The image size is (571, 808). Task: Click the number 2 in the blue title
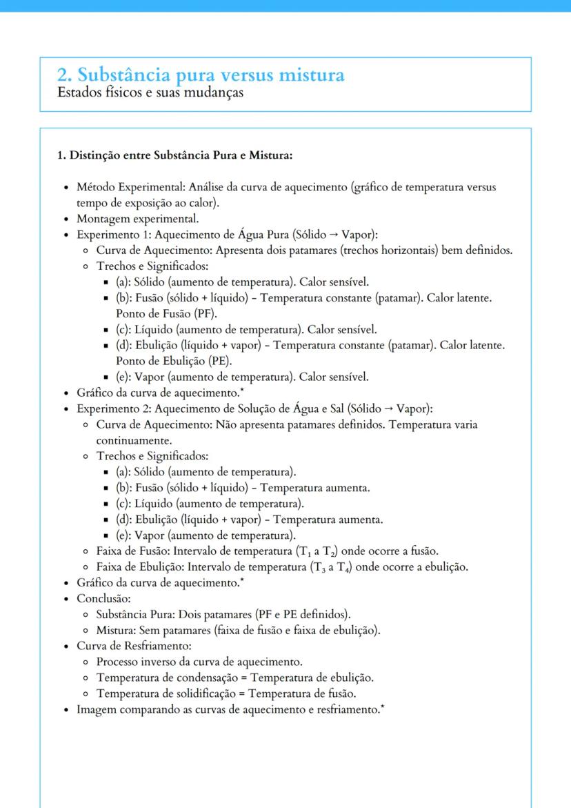[62, 75]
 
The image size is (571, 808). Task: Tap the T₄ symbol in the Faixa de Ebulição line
[342, 567]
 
